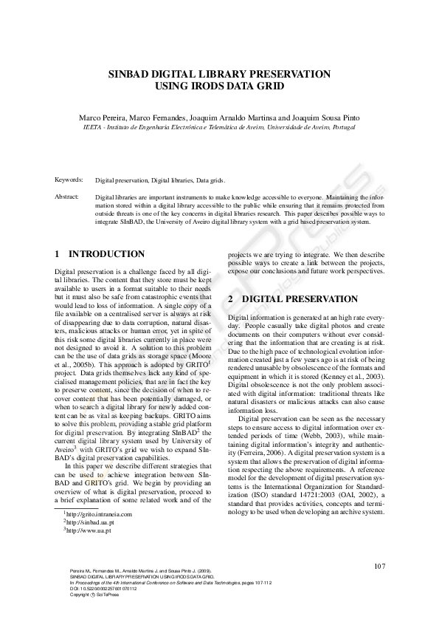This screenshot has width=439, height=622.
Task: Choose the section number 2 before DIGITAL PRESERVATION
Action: tap(231, 299)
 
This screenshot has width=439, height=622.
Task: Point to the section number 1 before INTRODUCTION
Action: tap(58, 254)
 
